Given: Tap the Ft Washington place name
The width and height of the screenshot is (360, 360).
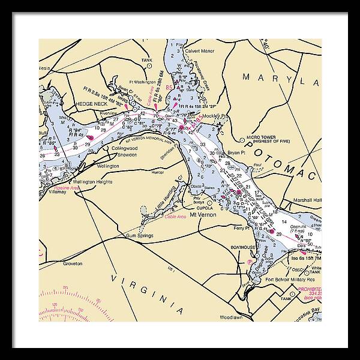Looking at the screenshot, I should (142, 82).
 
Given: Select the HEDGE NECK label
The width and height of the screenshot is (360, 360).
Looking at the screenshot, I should (91, 104).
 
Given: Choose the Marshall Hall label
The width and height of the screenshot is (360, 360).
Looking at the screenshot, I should (308, 200).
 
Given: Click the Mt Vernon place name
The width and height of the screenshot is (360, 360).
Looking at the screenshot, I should (202, 214).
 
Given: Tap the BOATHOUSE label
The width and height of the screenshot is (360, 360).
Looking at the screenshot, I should (244, 247).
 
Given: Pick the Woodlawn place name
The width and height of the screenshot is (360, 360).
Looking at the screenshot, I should (230, 316).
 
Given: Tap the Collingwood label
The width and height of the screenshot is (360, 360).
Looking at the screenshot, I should (125, 148).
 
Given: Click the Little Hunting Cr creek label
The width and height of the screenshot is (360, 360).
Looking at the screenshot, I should (163, 194).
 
